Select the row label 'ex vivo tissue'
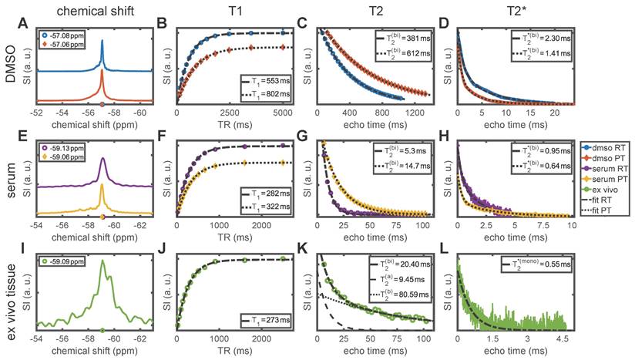pyautogui.click(x=11, y=293)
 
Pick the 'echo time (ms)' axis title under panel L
pyautogui.click(x=513, y=353)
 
